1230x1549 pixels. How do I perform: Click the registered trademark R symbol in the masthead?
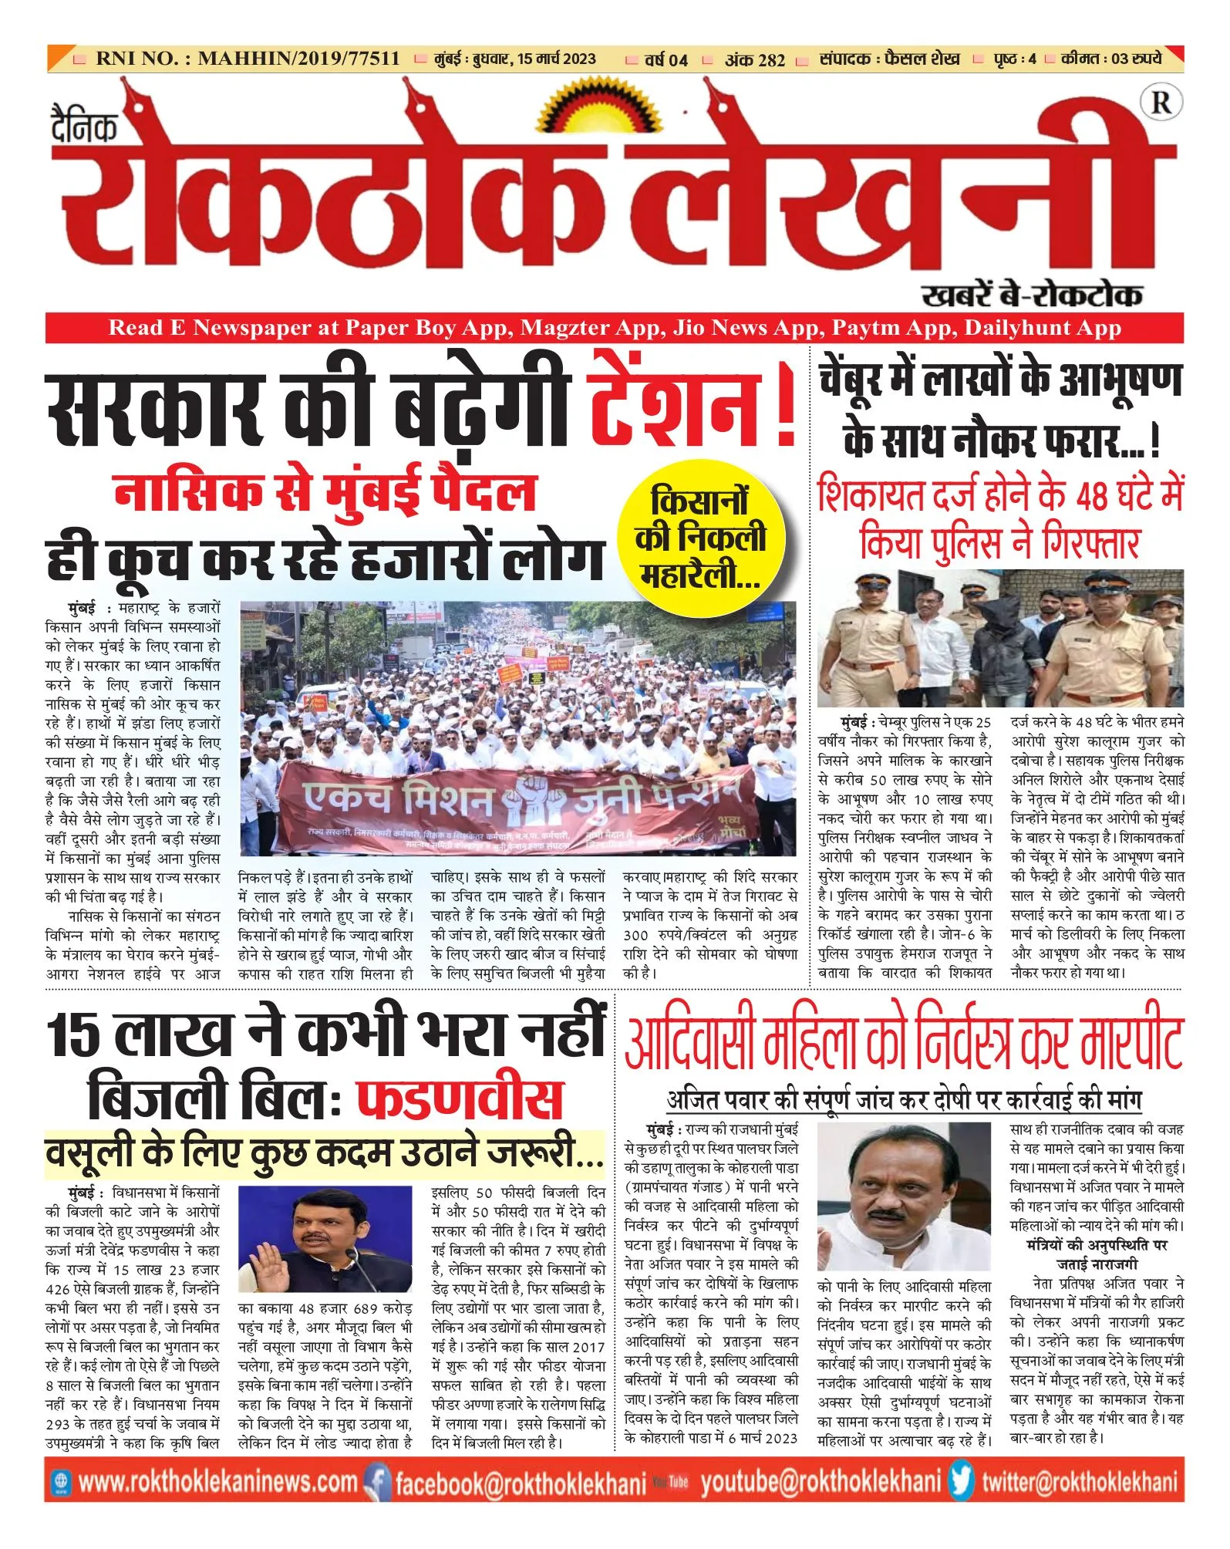1161,103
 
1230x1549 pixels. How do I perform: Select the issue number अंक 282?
754,59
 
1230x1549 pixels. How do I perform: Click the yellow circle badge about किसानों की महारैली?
701,537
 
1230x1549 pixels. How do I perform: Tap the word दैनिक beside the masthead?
84,124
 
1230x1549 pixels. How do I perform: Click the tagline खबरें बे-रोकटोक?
1032,295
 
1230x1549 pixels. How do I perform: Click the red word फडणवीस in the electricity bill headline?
460,1099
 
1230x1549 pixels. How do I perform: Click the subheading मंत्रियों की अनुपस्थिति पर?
1097,1245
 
